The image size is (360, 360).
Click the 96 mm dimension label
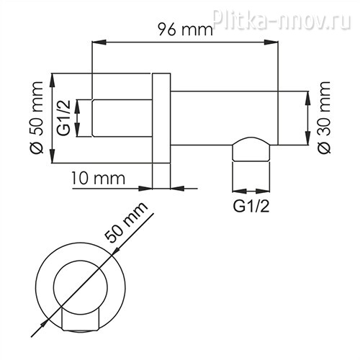coord(185,30)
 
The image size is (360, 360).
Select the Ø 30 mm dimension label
coord(323,117)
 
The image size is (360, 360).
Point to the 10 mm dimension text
coord(98,179)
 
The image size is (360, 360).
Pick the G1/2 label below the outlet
coord(251,206)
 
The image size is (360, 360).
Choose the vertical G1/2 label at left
coord(64,118)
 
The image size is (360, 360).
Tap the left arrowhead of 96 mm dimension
coord(99,42)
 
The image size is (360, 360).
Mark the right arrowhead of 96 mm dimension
coord(271,42)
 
